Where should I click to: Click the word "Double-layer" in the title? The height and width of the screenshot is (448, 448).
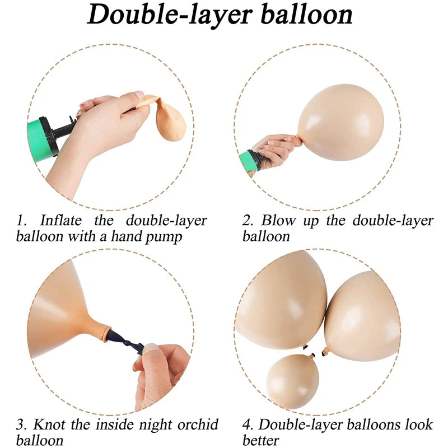coord(170,15)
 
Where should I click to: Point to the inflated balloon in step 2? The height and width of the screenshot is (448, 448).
coord(340,122)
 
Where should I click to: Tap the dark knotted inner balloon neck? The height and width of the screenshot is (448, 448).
coord(125,342)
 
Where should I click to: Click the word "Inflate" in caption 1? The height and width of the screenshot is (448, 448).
coord(61,221)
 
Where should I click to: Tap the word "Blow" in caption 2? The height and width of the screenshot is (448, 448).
coord(278,221)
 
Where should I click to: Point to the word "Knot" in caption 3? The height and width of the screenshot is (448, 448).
coord(49,424)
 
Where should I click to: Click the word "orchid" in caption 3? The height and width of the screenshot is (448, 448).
coord(198,424)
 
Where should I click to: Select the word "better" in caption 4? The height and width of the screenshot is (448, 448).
coord(260,440)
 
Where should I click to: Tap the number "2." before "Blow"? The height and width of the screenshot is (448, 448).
coord(248,221)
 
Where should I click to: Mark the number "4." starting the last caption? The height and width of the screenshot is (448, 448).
coord(248,425)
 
